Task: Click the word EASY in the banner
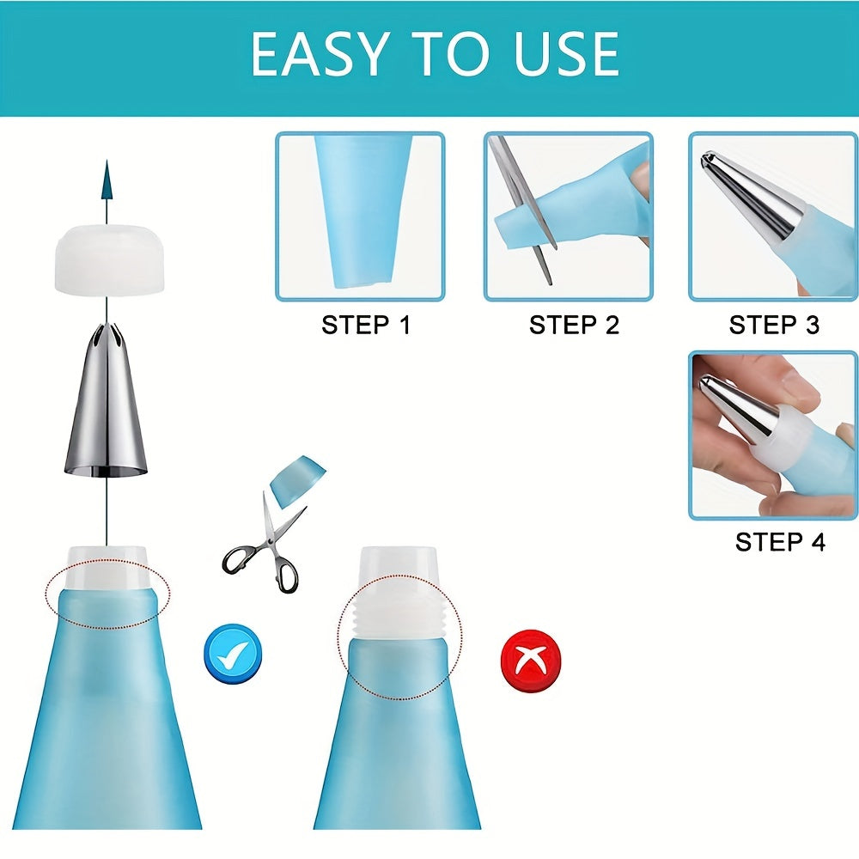click(318, 55)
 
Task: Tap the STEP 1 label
click(366, 326)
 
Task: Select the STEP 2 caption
click(573, 326)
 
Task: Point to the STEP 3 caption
click(774, 326)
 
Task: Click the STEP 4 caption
click(780, 542)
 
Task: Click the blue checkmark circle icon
click(232, 654)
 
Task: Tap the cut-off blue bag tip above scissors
click(297, 478)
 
